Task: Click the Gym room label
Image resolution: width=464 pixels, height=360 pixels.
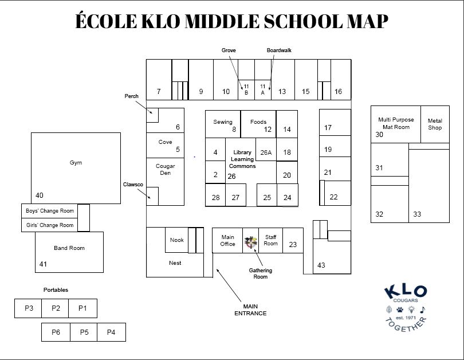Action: tap(76, 163)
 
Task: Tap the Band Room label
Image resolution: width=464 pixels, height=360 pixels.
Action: tap(69, 248)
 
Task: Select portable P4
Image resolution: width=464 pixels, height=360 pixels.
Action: tap(111, 332)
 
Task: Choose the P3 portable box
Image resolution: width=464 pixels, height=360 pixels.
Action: tap(29, 308)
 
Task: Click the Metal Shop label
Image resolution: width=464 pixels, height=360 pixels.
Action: tap(435, 124)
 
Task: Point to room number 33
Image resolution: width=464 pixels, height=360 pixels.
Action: tap(417, 214)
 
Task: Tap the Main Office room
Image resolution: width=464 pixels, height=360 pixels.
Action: tap(227, 240)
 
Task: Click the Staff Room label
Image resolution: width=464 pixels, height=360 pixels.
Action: tap(270, 240)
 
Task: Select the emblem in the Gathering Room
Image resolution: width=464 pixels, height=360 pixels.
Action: tap(250, 242)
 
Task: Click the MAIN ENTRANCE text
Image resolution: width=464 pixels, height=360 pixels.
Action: tap(250, 310)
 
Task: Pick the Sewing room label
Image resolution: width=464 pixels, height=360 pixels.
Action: tap(223, 122)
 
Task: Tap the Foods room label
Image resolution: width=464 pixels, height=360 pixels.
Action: tap(258, 122)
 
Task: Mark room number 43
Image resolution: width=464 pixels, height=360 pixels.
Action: tap(321, 265)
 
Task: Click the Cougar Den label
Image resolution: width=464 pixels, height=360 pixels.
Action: tap(165, 169)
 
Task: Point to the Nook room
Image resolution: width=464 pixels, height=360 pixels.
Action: tap(177, 240)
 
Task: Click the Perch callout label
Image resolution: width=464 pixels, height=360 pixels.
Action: tap(132, 96)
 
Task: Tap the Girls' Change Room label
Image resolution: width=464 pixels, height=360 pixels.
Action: tap(50, 225)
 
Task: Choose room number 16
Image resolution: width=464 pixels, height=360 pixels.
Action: tap(338, 92)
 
